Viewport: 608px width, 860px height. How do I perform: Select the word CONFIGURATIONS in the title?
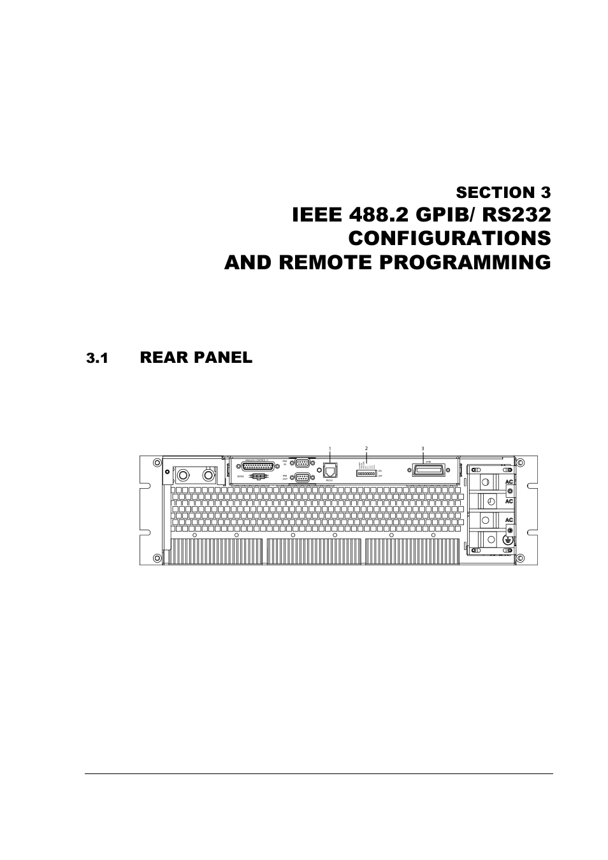pos(449,238)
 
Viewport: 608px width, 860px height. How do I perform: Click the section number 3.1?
pos(97,358)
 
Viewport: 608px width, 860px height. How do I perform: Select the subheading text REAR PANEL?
pos(196,358)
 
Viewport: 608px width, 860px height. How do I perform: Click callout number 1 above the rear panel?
pos(330,449)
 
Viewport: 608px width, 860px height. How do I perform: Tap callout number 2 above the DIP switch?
pos(366,449)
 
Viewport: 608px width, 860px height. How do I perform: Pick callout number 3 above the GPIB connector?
pos(423,449)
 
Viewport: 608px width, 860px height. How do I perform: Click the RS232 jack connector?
pos(330,471)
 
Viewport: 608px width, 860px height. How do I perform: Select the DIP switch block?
pos(366,474)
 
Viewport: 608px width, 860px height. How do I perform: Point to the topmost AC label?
pos(509,482)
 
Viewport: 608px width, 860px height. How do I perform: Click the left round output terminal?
pos(184,475)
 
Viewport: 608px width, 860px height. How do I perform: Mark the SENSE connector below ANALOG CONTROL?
pos(257,476)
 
